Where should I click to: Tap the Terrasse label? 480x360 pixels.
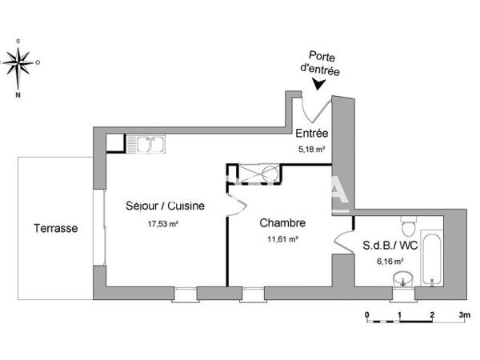pos(55,228)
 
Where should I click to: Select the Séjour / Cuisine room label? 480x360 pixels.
pos(166,206)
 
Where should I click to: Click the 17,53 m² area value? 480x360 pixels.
pos(162,224)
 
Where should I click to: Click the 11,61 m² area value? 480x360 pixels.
pos(282,238)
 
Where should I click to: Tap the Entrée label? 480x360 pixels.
pos(311,134)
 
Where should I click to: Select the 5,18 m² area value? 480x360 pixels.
pos(311,149)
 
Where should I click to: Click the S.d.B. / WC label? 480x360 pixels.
pos(390,245)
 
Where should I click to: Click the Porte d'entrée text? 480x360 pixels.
pos(320,64)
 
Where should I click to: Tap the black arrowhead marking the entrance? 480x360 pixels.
pos(319,83)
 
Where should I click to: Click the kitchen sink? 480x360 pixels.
pos(150,143)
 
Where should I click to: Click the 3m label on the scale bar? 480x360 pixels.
pos(464,314)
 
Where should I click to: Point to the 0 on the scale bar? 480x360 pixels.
pos(366,314)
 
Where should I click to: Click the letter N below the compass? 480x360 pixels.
pos(18,94)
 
